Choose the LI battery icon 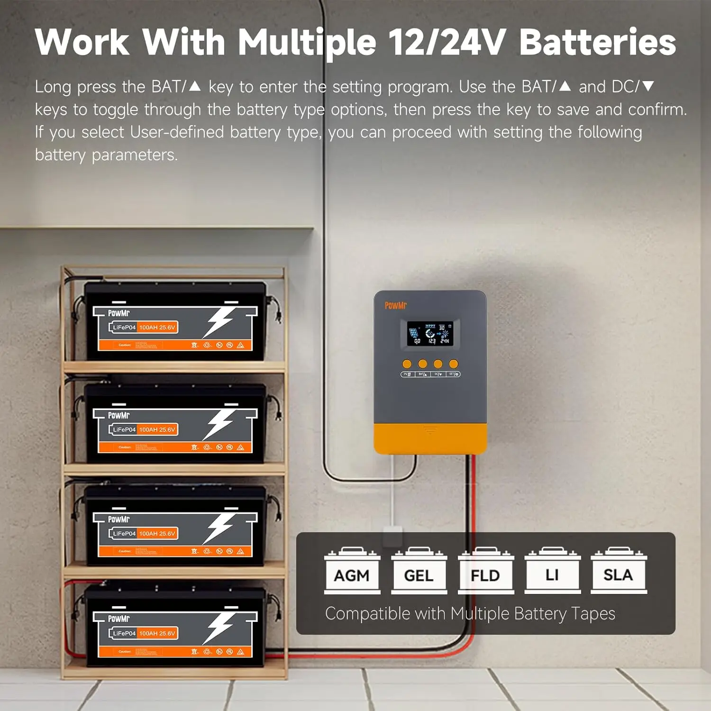pyautogui.click(x=552, y=571)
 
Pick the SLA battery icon pyautogui.click(x=619, y=571)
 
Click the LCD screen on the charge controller pyautogui.click(x=430, y=333)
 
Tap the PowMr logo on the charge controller pyautogui.click(x=395, y=306)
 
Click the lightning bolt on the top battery pyautogui.click(x=219, y=322)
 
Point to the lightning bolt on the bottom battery pyautogui.click(x=219, y=628)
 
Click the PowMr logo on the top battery pyautogui.click(x=118, y=313)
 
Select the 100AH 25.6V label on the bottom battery pyautogui.click(x=157, y=633)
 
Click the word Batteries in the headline pyautogui.click(x=597, y=43)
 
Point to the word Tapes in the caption pyautogui.click(x=593, y=614)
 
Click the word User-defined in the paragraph pyautogui.click(x=177, y=132)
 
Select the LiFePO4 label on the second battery pyautogui.click(x=124, y=429)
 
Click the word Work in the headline pyautogui.click(x=82, y=43)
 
